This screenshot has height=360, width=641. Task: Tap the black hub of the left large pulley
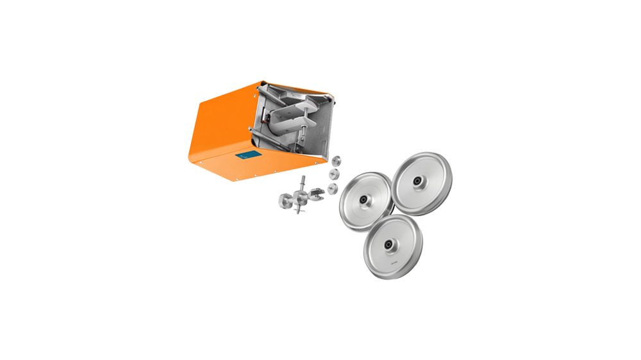363,200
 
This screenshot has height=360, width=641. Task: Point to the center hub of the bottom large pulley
388,246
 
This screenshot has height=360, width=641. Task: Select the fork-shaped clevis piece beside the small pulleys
319,192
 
